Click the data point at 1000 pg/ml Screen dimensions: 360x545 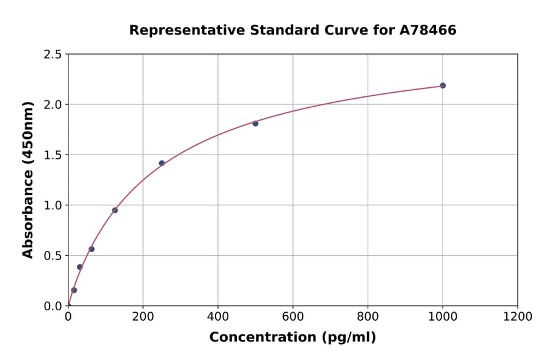[443, 85]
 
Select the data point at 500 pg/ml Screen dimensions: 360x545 [256, 124]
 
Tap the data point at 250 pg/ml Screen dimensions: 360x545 [162, 163]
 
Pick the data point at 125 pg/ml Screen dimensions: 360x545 [115, 210]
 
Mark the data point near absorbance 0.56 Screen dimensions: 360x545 [91, 249]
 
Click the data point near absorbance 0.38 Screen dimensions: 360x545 [79, 267]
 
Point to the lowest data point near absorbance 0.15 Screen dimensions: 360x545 [74, 290]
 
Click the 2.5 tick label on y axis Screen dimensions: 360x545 [52, 55]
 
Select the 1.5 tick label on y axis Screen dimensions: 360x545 [52, 155]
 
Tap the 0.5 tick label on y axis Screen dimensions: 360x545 [52, 256]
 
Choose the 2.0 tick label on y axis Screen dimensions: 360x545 [52, 105]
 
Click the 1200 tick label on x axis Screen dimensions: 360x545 [517, 317]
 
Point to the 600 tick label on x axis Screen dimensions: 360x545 [292, 317]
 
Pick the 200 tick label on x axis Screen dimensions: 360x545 [143, 317]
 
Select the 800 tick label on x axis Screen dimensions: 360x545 [368, 317]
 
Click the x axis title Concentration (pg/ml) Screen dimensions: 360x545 [292, 338]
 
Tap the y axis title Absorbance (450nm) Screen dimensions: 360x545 [28, 179]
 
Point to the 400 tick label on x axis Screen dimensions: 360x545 [218, 317]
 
